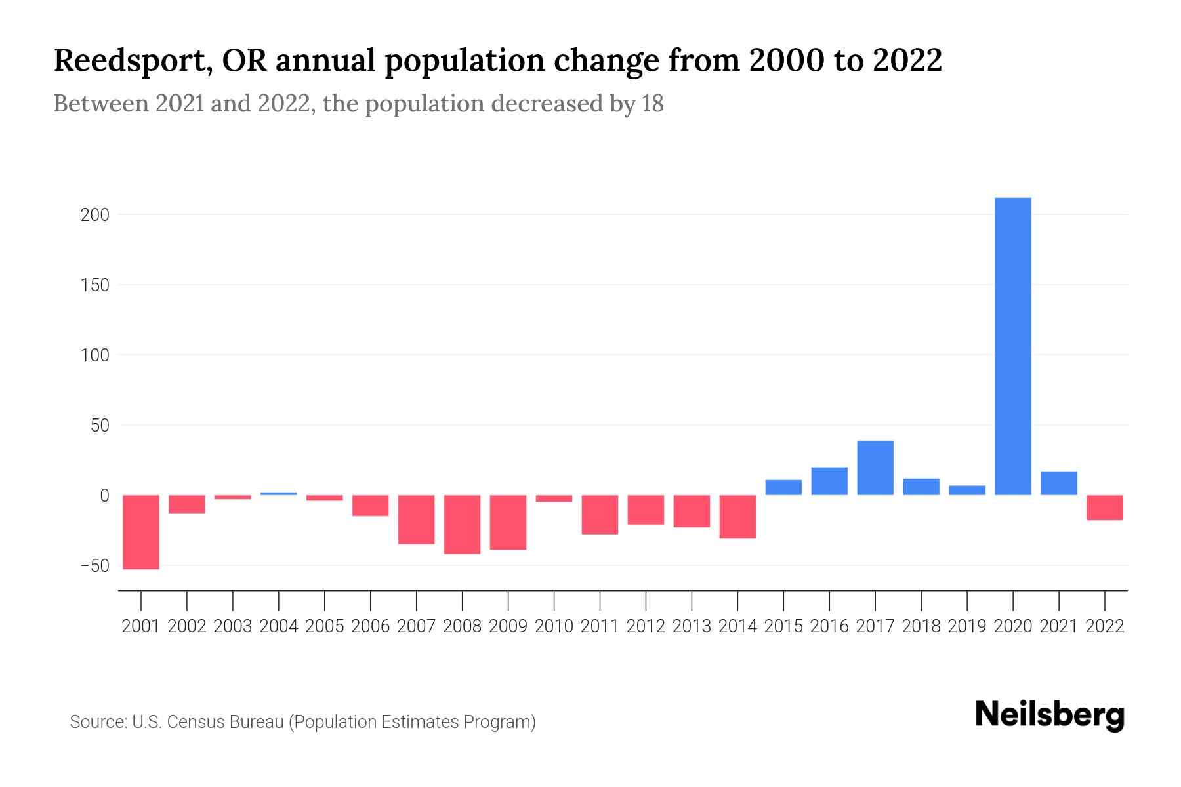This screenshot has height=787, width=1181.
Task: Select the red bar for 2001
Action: (x=141, y=532)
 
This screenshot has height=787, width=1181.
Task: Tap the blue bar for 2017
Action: (x=875, y=468)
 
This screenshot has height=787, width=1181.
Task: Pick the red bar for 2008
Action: (x=462, y=525)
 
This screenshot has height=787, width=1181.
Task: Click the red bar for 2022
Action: (x=1105, y=508)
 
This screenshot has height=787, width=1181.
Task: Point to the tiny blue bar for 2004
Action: (x=279, y=493)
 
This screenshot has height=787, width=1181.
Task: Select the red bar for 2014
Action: (x=737, y=517)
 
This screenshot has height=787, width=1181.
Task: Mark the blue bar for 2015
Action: (x=783, y=487)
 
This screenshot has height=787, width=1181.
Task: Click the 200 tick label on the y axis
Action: (x=94, y=215)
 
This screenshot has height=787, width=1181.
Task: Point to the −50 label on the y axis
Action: (x=94, y=565)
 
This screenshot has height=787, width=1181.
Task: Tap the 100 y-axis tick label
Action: (x=94, y=355)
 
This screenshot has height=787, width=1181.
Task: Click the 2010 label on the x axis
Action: (x=554, y=626)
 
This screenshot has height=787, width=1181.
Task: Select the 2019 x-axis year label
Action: (x=967, y=626)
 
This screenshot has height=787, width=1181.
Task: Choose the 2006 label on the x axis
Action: (x=371, y=626)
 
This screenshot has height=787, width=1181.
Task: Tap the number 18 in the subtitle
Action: (x=653, y=104)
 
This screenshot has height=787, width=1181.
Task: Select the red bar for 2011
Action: (x=600, y=515)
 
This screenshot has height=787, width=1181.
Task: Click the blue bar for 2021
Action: (x=1059, y=483)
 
